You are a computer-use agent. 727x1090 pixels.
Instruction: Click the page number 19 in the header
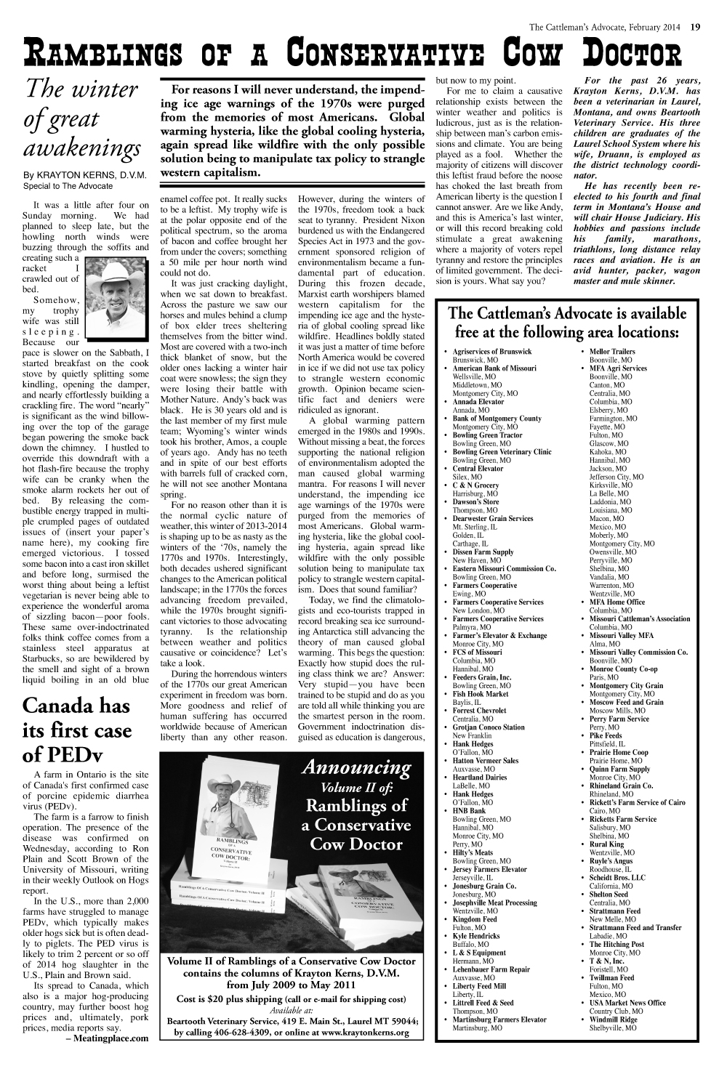coord(695,28)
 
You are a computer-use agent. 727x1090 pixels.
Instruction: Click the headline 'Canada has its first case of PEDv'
coord(78,730)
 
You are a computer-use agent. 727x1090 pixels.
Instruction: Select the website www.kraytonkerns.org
coord(371,1033)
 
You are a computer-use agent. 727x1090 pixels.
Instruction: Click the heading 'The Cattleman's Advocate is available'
coord(567,314)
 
